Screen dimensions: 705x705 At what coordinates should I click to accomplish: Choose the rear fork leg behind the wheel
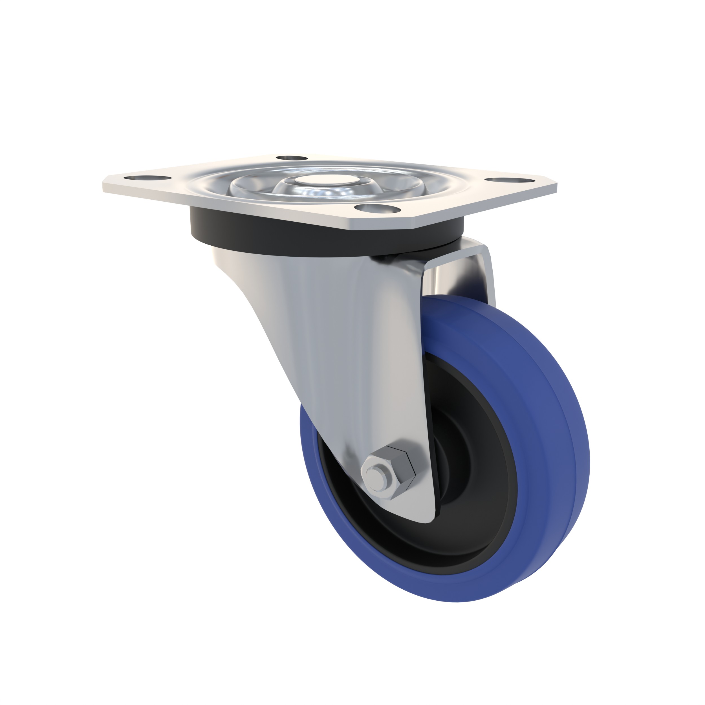tap(485, 277)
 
